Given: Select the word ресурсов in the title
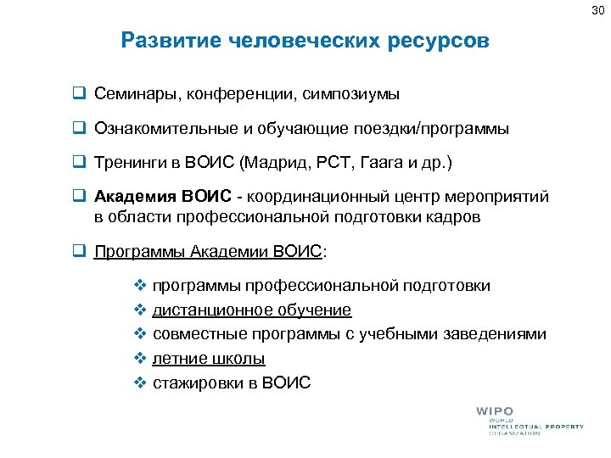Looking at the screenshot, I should coord(440,41).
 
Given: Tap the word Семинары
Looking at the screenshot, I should coord(131,92).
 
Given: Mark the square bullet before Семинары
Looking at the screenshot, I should coord(78,92).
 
